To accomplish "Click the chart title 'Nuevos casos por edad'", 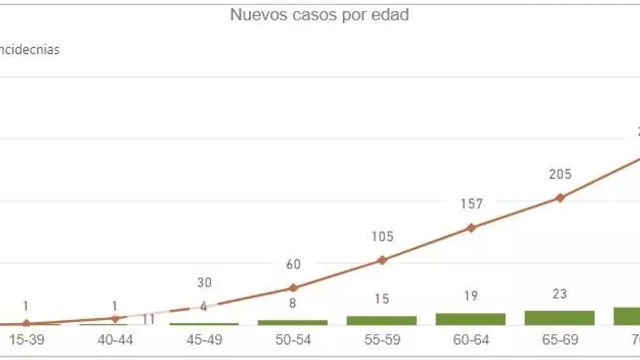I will pyautogui.click(x=319, y=15).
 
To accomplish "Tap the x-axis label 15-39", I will pyautogui.click(x=26, y=339).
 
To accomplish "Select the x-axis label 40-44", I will pyautogui.click(x=115, y=339).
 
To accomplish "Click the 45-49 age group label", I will pyautogui.click(x=204, y=339).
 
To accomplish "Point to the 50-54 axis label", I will pyautogui.click(x=292, y=339).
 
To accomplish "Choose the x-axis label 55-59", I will pyautogui.click(x=382, y=339).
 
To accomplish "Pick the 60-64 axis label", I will pyautogui.click(x=471, y=339).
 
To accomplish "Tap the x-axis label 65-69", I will pyautogui.click(x=559, y=339).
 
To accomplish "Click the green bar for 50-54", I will pyautogui.click(x=292, y=322).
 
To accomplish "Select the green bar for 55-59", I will pyautogui.click(x=382, y=321).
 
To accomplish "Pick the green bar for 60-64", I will pyautogui.click(x=471, y=319).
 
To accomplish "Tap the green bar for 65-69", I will pyautogui.click(x=559, y=318).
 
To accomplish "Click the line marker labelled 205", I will pyautogui.click(x=560, y=197).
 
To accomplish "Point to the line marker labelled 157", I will pyautogui.click(x=471, y=228).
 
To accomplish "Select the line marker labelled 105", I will pyautogui.click(x=382, y=260).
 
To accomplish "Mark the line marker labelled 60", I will pyautogui.click(x=292, y=287).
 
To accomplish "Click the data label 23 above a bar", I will pyautogui.click(x=559, y=294).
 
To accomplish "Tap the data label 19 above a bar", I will pyautogui.click(x=471, y=297).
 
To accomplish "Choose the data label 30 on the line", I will pyautogui.click(x=204, y=283).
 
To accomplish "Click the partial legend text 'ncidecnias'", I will pyautogui.click(x=31, y=50).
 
